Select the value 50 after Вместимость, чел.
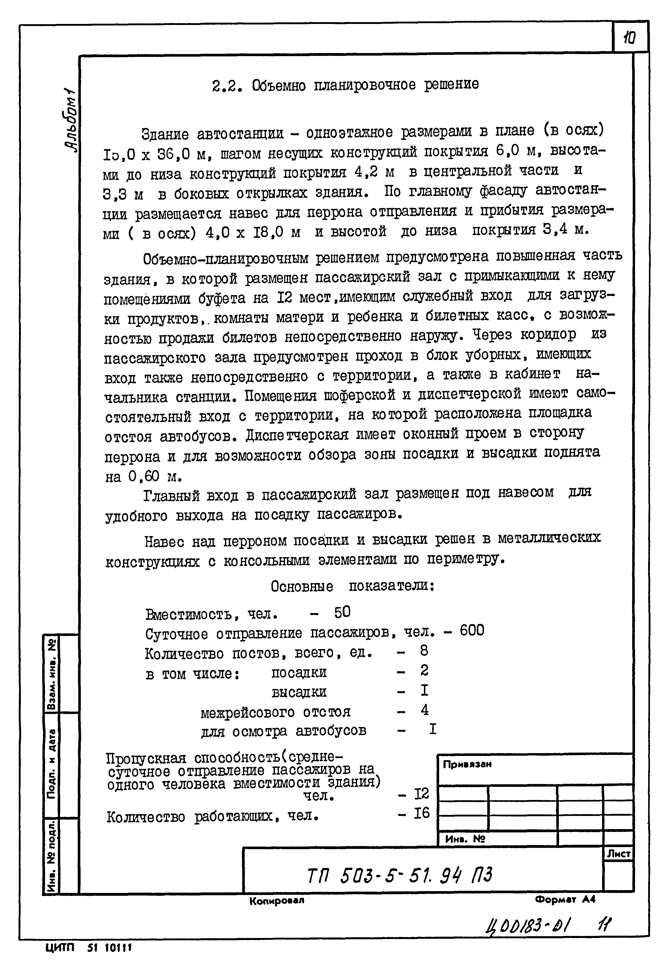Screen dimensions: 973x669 [342, 613]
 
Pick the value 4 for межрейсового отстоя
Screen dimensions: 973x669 [425, 710]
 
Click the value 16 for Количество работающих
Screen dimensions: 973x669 [421, 813]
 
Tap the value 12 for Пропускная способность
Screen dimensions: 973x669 [421, 794]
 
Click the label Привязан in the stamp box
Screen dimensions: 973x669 [467, 764]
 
